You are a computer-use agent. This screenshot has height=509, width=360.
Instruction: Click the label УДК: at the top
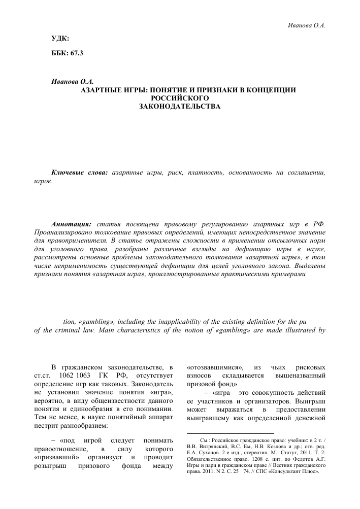point(60,39)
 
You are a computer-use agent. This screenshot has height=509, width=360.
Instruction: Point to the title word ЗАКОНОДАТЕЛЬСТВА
point(180,106)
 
